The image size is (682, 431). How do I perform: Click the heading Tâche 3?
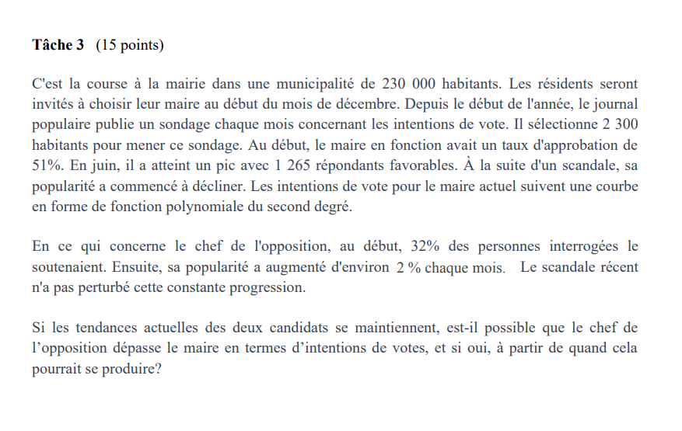point(58,45)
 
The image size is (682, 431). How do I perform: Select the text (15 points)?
point(130,45)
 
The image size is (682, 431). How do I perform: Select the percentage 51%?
point(47,164)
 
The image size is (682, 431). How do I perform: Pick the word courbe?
point(617,186)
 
